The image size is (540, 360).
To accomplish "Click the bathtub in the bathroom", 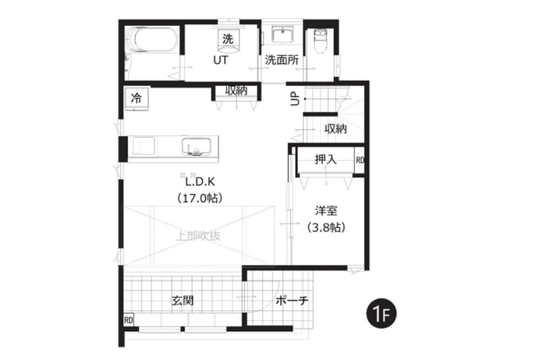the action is (x=152, y=40).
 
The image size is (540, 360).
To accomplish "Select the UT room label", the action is (x=221, y=61).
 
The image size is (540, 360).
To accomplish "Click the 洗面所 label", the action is (x=282, y=61).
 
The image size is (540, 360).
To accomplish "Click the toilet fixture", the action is (x=321, y=41).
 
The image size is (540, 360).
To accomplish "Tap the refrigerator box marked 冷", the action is (x=137, y=99).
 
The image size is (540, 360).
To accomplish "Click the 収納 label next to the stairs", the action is (x=336, y=129).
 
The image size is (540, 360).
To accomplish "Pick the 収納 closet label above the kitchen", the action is (x=236, y=91).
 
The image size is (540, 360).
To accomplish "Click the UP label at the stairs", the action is (x=295, y=99).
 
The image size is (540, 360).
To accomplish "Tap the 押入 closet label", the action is (x=325, y=159).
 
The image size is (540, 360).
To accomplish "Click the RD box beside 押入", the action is (x=359, y=160).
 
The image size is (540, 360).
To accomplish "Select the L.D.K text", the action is (x=200, y=182).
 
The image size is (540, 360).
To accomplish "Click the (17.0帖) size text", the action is (x=200, y=198).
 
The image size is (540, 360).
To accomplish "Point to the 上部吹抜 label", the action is (x=198, y=236).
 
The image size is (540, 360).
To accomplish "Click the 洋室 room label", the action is (x=326, y=210).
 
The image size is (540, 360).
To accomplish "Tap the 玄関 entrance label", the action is (x=183, y=301).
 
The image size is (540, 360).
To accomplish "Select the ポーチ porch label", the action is (x=292, y=301).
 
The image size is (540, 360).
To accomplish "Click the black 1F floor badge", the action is (x=381, y=314).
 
